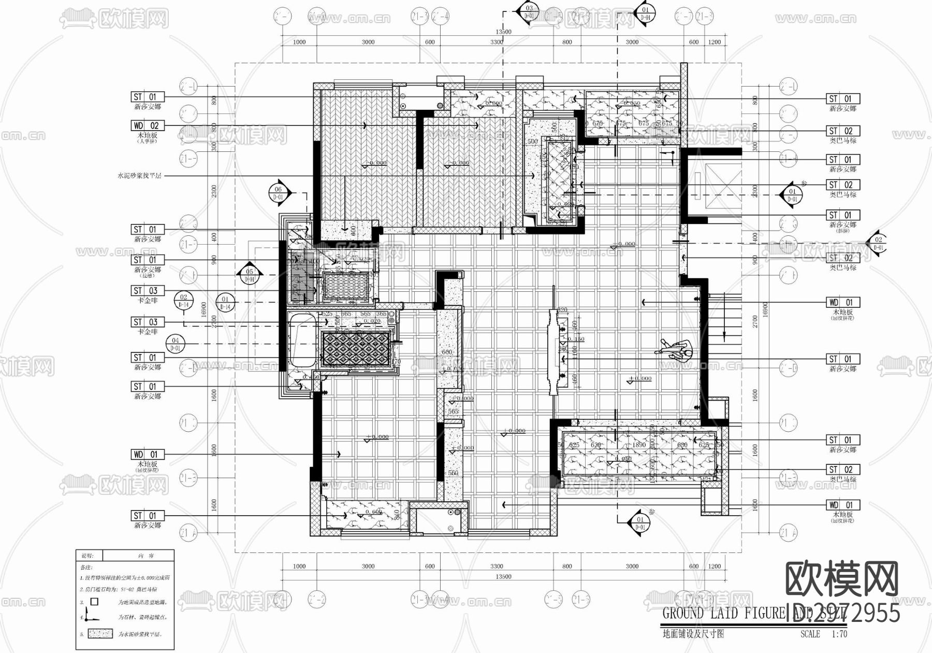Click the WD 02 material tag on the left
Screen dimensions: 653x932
(x=148, y=125)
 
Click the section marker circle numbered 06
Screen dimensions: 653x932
(x=278, y=193)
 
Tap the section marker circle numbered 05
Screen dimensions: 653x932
(x=250, y=275)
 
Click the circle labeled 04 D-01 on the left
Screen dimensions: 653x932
(x=176, y=344)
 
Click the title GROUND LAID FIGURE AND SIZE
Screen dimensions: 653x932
(x=753, y=614)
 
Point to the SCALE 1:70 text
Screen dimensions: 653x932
(x=823, y=634)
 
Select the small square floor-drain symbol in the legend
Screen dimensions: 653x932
(x=94, y=602)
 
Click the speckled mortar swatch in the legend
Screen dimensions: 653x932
(x=100, y=633)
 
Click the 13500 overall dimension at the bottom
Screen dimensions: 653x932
(x=503, y=576)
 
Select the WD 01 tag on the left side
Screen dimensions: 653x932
(x=148, y=455)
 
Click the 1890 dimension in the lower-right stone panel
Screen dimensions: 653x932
(x=639, y=445)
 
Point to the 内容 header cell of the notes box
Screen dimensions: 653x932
(x=139, y=556)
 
